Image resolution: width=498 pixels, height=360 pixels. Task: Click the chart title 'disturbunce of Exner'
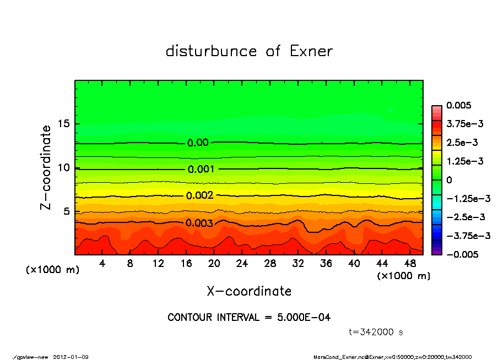[249, 52]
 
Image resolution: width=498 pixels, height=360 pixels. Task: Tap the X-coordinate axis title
[249, 291]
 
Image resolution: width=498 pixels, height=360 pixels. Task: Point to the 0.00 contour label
[198, 143]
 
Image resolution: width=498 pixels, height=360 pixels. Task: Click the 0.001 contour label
[201, 170]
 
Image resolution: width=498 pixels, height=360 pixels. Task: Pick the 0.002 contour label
[199, 196]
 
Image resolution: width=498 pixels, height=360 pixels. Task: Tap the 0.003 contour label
[199, 223]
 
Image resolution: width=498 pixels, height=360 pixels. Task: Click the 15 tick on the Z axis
[64, 124]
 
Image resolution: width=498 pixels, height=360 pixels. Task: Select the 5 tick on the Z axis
[67, 211]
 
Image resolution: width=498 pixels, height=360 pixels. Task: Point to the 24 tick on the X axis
[242, 264]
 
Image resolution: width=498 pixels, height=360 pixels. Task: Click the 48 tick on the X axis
[410, 264]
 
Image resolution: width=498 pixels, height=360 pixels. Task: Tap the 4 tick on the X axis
[102, 264]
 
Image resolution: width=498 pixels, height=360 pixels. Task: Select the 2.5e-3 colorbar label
[462, 143]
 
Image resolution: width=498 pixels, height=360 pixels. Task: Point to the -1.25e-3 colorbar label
[467, 198]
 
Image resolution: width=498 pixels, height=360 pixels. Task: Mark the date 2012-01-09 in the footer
[71, 357]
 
